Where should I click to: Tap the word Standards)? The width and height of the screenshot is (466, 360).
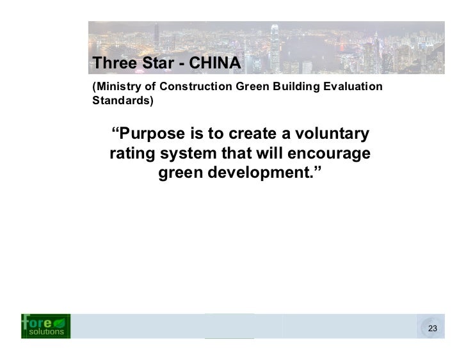[123, 101]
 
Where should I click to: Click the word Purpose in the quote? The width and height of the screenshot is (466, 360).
[150, 136]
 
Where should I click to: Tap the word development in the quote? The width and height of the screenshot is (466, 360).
[269, 174]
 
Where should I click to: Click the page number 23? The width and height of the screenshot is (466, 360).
[433, 329]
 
